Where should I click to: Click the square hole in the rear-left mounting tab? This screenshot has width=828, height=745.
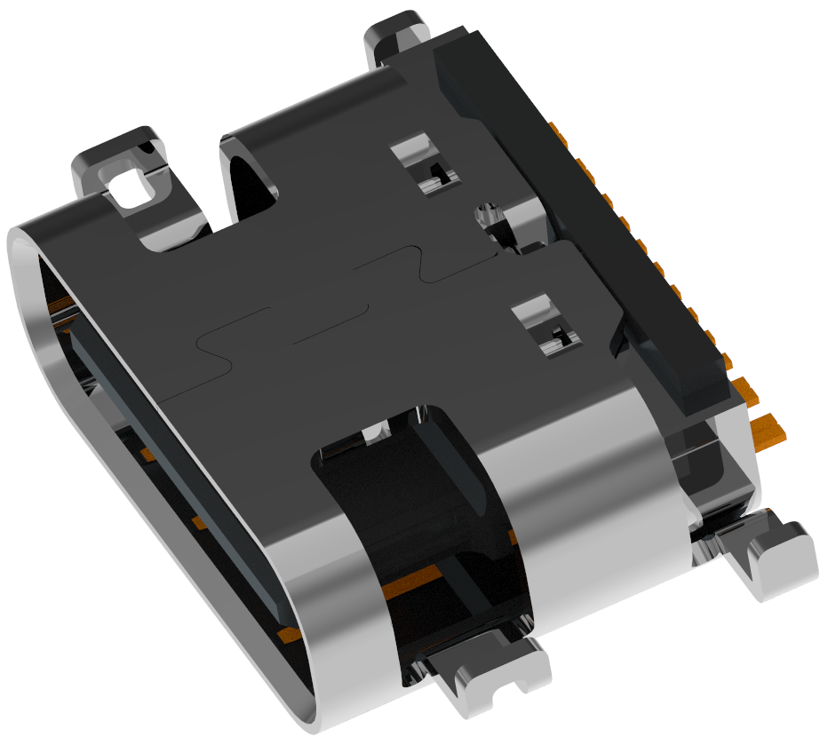(130, 184)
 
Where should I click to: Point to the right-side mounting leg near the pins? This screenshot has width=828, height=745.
(769, 555)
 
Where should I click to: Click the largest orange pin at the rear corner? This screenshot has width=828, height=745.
(769, 430)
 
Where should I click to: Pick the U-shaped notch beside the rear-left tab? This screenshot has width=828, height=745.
(249, 178)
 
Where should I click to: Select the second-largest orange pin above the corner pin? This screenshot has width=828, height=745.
(748, 387)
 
